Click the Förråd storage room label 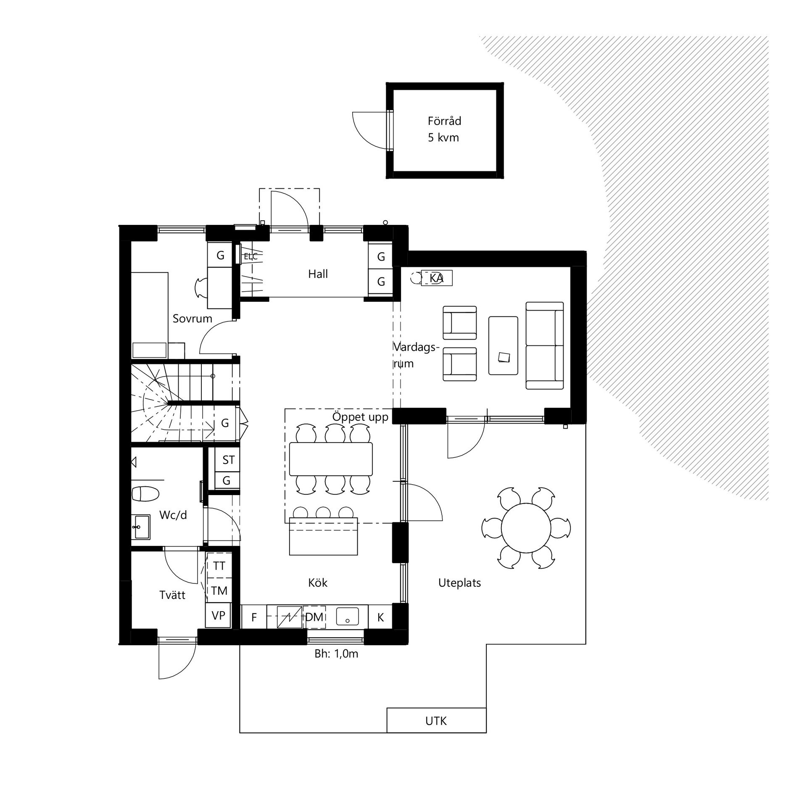coord(444,121)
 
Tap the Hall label coord(318,274)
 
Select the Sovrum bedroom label coord(193,319)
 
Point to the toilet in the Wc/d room coord(145,493)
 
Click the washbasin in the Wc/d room coord(141,527)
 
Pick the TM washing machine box coord(219,591)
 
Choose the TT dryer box coord(219,566)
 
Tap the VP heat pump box coord(218,616)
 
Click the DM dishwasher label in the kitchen coord(314,617)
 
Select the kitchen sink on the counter coord(347,617)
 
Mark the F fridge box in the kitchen coord(254,617)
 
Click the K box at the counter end coord(380,617)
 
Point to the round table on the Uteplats coord(526,527)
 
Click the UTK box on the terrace coord(436,720)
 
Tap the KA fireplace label coord(437,278)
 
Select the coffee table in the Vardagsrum coord(503,345)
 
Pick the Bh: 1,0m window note coord(336,654)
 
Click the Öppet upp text coord(360,417)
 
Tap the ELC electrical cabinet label coord(251,256)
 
